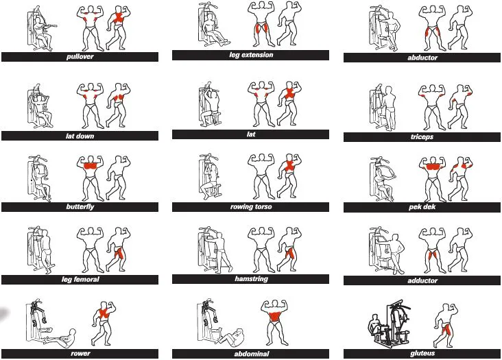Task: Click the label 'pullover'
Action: pos(80,57)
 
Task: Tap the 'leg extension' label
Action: pos(251,55)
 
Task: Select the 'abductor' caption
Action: pos(422,58)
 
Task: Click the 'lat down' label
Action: pos(80,136)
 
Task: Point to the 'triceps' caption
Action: pos(422,137)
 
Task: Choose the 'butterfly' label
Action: pos(80,206)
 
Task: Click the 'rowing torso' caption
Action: pos(251,206)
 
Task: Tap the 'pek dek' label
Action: pos(422,207)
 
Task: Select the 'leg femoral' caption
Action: pos(80,279)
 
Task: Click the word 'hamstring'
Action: pos(251,278)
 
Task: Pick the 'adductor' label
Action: pos(422,280)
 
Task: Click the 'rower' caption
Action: pos(80,354)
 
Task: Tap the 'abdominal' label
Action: pos(251,354)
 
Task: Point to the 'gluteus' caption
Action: pos(422,353)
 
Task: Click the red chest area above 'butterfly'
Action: pos(91,166)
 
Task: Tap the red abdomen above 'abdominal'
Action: pos(275,316)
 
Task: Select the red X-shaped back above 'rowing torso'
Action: pos(289,166)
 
